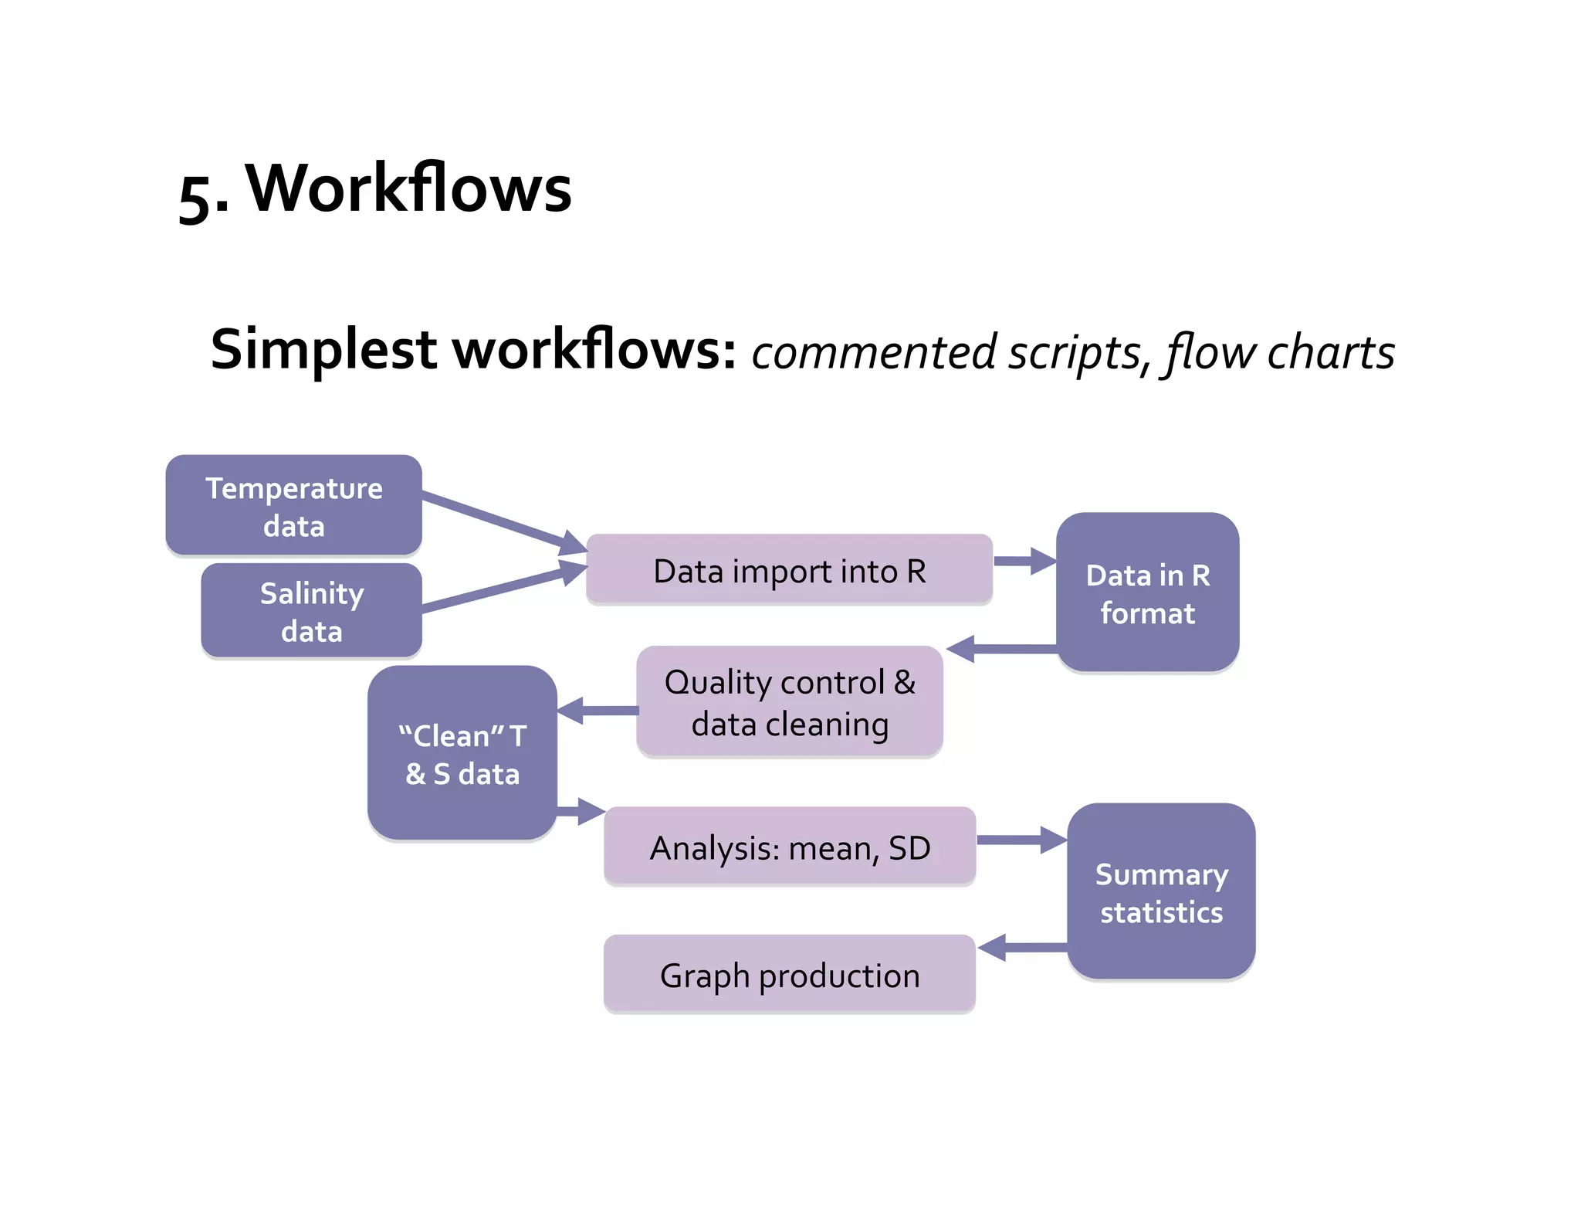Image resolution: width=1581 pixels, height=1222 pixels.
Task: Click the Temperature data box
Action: [293, 506]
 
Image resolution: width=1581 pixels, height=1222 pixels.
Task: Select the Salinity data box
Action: [311, 611]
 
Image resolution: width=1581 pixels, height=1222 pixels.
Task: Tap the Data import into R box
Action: [789, 570]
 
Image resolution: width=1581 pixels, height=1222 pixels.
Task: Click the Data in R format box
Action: [1147, 593]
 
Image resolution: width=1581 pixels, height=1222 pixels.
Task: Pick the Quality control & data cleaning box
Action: [789, 702]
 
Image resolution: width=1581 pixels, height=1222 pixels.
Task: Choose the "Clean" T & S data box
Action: [462, 753]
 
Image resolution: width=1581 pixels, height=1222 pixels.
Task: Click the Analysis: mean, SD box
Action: [789, 847]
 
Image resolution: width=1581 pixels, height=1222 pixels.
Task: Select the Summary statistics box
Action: [1161, 892]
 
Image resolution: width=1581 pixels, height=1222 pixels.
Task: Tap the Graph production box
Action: [789, 974]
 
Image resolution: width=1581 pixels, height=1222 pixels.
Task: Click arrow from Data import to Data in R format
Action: [1023, 561]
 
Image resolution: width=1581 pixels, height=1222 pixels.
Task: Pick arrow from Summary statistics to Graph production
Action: [1022, 947]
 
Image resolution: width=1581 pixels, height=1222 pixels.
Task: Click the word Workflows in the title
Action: [409, 188]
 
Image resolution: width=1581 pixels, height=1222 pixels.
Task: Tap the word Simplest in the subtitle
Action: [324, 350]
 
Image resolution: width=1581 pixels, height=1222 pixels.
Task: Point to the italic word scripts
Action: [1074, 353]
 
